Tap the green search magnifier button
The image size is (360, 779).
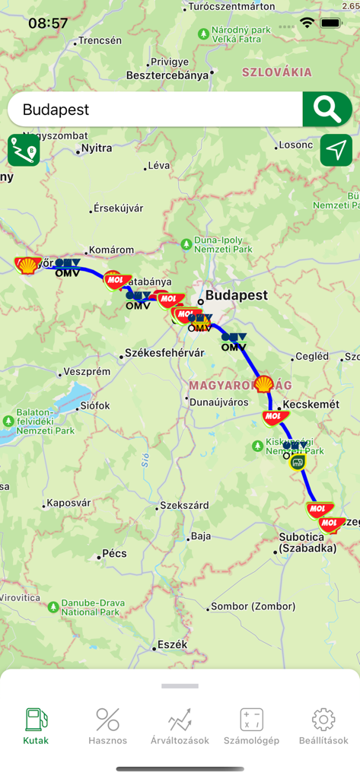pos(327,110)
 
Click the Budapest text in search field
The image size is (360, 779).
pos(56,110)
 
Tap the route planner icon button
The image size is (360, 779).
pos(24,150)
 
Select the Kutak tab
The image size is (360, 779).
pos(36,727)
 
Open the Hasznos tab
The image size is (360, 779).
pos(108,727)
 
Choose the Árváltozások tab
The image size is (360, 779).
pos(180,727)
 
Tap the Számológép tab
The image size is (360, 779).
pos(251,727)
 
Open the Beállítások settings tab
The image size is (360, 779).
pos(323,727)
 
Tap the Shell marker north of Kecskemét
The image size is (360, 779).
pos(263,384)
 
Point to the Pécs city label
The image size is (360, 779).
pos(114,553)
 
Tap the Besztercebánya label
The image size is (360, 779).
pos(167,75)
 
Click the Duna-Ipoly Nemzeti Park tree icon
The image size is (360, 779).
pos(186,243)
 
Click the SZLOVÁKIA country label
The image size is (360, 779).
pos(276,72)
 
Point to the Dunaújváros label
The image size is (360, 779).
pos(219,401)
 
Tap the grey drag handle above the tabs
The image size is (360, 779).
pos(180,685)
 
